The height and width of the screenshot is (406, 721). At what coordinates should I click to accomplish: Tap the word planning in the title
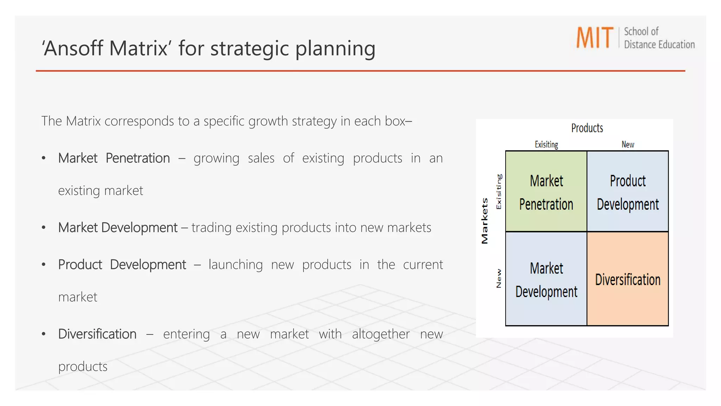pos(335,48)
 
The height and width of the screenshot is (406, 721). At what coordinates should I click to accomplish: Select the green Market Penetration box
pos(546,191)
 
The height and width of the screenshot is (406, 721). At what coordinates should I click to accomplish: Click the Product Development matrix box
pos(628,191)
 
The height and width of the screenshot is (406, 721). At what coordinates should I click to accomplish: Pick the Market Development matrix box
pos(546,279)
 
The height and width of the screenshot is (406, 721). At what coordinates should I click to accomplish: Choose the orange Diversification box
pos(628,279)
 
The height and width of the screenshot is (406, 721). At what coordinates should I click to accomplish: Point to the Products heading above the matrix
pos(587,128)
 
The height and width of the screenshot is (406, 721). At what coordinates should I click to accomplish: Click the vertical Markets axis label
pos(485,221)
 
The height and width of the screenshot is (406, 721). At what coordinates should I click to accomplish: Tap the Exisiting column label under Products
pos(546,144)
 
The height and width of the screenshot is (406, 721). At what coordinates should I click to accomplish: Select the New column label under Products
pos(628,144)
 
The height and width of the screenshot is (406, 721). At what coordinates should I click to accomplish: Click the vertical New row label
pos(499,278)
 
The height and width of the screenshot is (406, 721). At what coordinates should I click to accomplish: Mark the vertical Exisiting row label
pos(499,191)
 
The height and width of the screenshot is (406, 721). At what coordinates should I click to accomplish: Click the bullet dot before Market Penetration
pos(44,158)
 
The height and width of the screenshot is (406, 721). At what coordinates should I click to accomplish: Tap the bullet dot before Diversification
pos(44,334)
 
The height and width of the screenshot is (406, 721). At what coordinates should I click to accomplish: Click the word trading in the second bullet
pos(211,228)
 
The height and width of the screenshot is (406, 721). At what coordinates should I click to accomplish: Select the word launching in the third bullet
pos(236,264)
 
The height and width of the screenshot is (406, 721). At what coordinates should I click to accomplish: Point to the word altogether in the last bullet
pos(381,334)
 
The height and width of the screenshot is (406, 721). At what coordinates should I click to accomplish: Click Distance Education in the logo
pos(659,45)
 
